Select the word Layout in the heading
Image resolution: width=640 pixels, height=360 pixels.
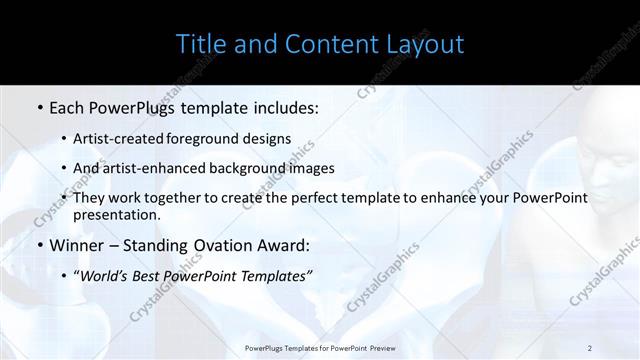coord(423,45)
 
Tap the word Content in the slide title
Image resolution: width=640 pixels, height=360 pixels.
coord(325,44)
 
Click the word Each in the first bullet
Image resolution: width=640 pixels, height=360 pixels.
coord(68,105)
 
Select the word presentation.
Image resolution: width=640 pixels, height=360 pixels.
coord(116,214)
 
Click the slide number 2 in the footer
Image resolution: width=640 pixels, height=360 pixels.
coord(589,347)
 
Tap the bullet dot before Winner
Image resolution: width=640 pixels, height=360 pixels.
coord(39,246)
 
